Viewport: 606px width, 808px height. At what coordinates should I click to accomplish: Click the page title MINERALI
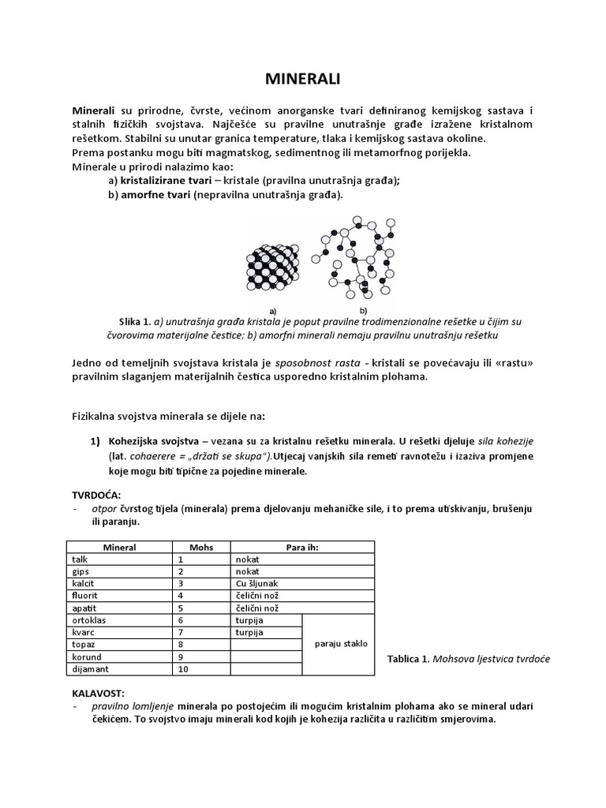302,79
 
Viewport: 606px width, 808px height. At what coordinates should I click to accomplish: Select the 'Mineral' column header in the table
119,547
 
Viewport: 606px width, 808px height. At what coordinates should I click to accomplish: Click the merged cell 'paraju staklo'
341,644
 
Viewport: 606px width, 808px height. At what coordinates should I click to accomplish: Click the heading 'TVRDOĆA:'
98,494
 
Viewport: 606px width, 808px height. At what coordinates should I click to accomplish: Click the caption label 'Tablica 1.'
407,659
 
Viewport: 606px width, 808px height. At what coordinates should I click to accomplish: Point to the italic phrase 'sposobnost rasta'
312,362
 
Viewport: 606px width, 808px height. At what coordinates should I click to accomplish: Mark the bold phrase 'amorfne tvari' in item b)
155,194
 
